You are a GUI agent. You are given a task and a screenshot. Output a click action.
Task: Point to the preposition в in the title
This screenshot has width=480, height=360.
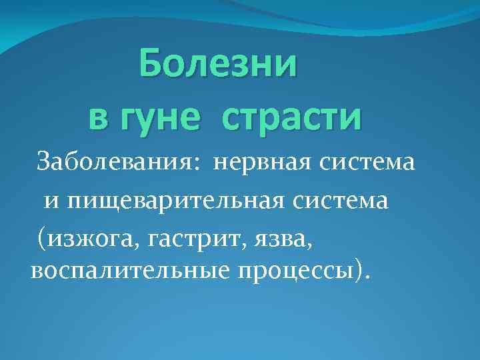[x=97, y=117]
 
